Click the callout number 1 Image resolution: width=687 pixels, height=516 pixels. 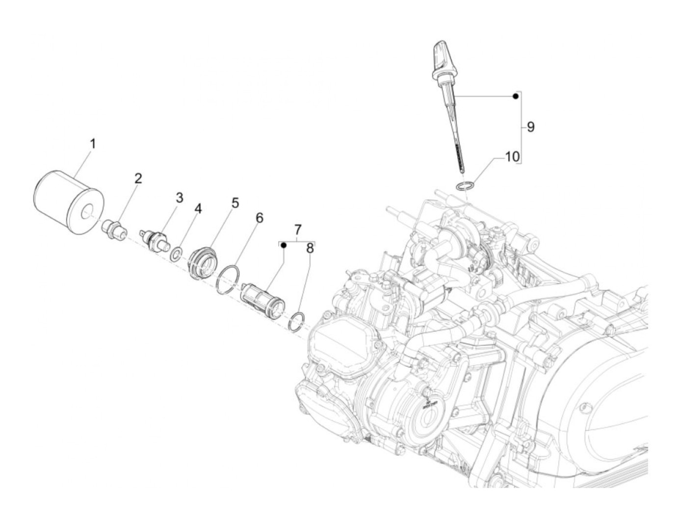(x=93, y=144)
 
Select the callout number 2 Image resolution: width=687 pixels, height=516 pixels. (x=138, y=178)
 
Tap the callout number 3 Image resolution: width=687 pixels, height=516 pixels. (x=179, y=198)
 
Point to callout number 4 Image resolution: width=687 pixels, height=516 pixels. (x=198, y=209)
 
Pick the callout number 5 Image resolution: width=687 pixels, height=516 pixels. (x=236, y=203)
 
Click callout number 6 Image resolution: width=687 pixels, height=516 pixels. (x=260, y=218)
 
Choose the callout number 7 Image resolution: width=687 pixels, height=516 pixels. (x=298, y=230)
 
